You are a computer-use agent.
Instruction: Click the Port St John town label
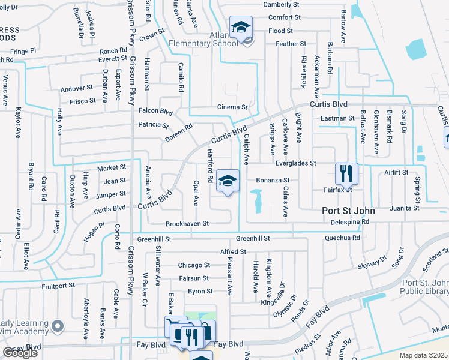click(x=348, y=211)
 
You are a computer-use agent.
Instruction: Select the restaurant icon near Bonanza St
click(x=346, y=173)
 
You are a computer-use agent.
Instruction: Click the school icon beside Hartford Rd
click(x=228, y=180)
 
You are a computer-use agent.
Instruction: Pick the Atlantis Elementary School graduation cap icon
click(x=240, y=27)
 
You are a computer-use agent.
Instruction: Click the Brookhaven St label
click(x=188, y=223)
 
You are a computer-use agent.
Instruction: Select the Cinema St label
click(x=233, y=107)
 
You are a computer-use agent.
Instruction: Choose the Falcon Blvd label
click(x=155, y=110)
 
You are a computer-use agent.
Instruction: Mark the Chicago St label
click(x=194, y=265)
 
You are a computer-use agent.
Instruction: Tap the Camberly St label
click(x=282, y=4)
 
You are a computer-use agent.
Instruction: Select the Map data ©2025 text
click(x=423, y=355)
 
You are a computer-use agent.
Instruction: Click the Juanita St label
click(x=404, y=208)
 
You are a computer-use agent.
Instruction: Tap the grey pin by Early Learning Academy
click(x=57, y=326)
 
